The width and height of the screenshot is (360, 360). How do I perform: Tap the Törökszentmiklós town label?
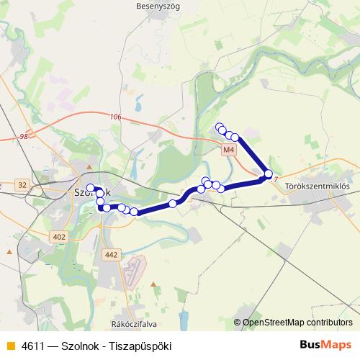coord(318,186)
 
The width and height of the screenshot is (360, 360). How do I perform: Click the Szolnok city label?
coord(92,193)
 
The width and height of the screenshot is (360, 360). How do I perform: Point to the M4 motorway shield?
coord(228,150)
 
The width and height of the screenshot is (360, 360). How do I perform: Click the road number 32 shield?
coord(22,185)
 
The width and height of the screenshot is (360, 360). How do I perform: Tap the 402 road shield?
coord(59,237)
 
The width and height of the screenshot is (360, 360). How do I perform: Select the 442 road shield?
coord(110,254)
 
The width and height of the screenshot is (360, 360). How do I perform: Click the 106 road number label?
coord(117,117)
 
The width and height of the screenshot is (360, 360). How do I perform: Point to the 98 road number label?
coord(24,136)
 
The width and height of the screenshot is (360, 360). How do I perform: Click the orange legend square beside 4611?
coord(9,346)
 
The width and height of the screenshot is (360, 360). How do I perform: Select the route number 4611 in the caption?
coord(33,346)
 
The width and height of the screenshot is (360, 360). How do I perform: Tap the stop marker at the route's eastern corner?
coord(269,174)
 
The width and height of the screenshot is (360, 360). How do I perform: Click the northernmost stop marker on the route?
coord(220,127)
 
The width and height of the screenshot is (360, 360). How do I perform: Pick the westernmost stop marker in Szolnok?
coord(91,189)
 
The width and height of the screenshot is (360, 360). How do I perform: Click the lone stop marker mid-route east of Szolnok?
coord(173,204)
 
